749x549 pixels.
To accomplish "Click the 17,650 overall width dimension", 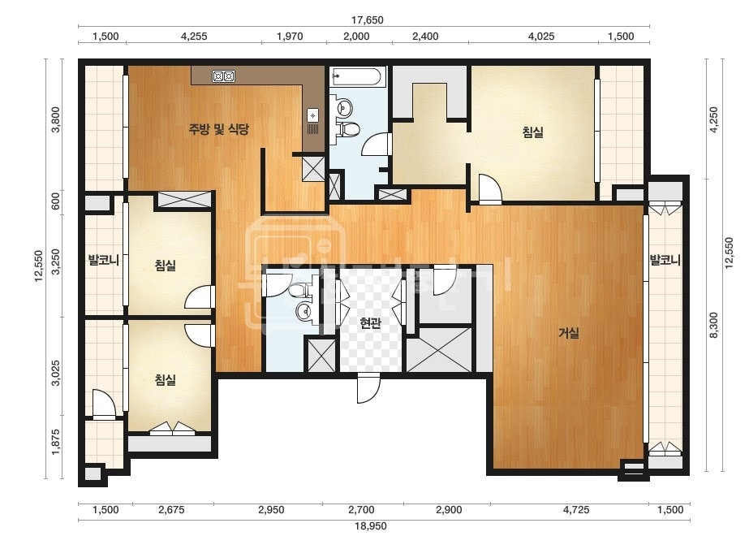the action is point(368,20).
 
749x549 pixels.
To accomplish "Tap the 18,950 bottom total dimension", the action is point(371,526).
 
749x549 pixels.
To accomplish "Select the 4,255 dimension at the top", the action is point(195,37).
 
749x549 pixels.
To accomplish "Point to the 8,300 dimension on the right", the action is point(713,325).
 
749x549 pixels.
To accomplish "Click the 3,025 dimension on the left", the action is point(56,374).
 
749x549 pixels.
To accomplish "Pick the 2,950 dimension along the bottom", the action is point(271,510).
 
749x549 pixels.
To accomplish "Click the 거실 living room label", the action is point(568,333).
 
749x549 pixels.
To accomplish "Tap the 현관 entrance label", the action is point(370,324).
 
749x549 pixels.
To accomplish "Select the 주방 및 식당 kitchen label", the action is point(219,129).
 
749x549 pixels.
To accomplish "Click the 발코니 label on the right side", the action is point(665,261).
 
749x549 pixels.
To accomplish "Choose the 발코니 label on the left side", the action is point(103,261).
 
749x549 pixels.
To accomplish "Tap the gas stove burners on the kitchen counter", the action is point(223,76).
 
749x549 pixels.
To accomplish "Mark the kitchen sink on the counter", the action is point(313,115).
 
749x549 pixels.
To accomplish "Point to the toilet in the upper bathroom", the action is point(349,128).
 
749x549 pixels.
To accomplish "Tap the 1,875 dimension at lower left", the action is point(56,442).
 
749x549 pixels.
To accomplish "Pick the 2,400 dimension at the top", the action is point(425,37).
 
